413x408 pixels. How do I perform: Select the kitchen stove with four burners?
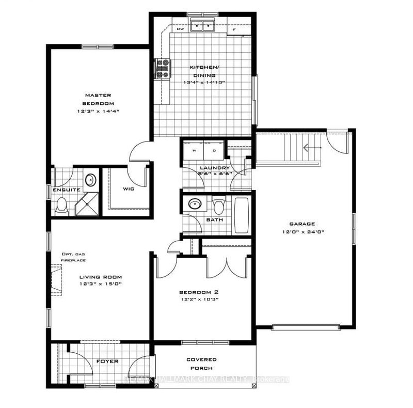click(163, 69)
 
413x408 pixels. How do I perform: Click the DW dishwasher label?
click(180, 29)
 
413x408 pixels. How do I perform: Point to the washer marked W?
click(195, 150)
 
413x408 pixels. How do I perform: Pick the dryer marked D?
click(214, 150)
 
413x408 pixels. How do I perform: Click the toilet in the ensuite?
click(61, 207)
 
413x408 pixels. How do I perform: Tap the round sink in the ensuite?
click(90, 180)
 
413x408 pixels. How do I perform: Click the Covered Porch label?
click(202, 364)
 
